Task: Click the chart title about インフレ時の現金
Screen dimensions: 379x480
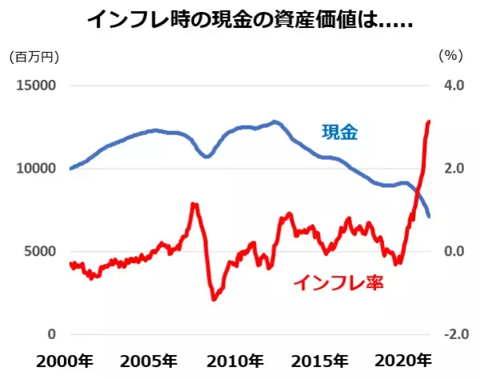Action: tap(239, 20)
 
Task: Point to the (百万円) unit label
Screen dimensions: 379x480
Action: tap(34, 57)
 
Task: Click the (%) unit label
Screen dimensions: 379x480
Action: tap(450, 57)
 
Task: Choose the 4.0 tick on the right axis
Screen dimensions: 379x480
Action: tap(454, 86)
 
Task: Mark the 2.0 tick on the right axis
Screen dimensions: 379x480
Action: tap(454, 169)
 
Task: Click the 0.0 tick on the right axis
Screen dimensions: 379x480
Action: tap(454, 251)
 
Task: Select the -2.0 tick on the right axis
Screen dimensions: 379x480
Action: tap(451, 334)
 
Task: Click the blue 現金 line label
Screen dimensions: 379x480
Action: tap(339, 133)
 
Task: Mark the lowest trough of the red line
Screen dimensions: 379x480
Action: tap(214, 299)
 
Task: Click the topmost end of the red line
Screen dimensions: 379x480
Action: tap(430, 122)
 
